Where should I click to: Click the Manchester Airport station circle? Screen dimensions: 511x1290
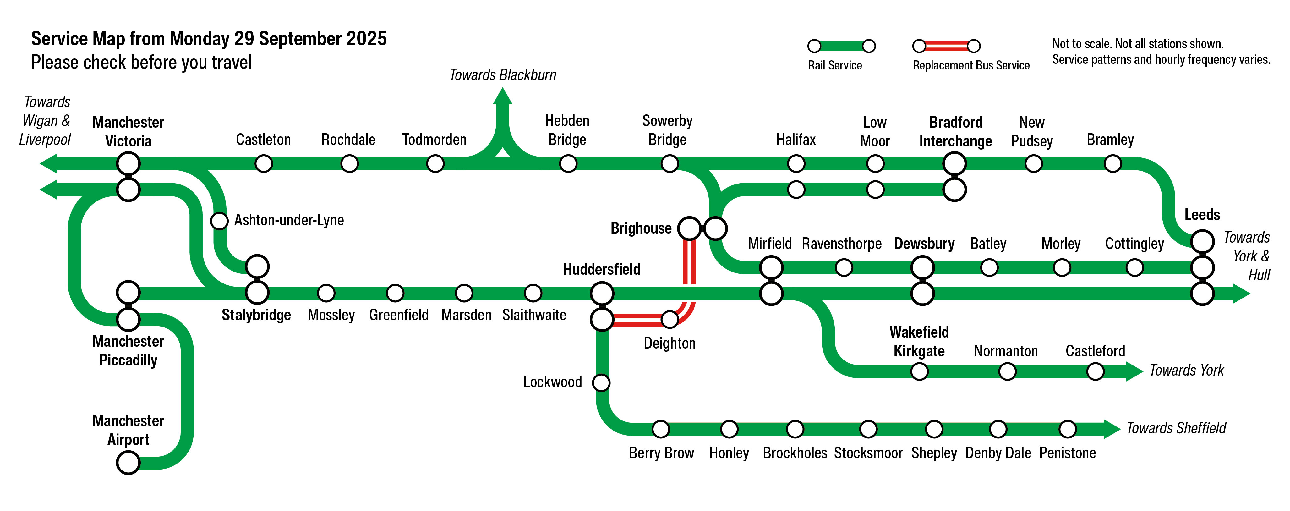pos(128,462)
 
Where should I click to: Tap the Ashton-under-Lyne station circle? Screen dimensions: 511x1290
pos(219,220)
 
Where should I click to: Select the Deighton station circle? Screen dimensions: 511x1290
pos(670,319)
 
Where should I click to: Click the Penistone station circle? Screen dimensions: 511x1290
pos(1067,429)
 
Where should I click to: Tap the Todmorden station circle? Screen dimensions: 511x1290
pos(435,163)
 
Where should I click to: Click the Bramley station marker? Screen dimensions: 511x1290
pos(1113,163)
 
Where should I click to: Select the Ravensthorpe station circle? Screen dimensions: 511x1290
pos(844,267)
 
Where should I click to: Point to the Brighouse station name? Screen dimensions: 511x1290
pos(641,228)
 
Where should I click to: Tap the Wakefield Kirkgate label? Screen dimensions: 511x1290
pos(919,342)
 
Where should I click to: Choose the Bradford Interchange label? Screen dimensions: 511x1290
pos(955,132)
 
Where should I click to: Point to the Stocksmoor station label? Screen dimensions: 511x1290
pos(868,453)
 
